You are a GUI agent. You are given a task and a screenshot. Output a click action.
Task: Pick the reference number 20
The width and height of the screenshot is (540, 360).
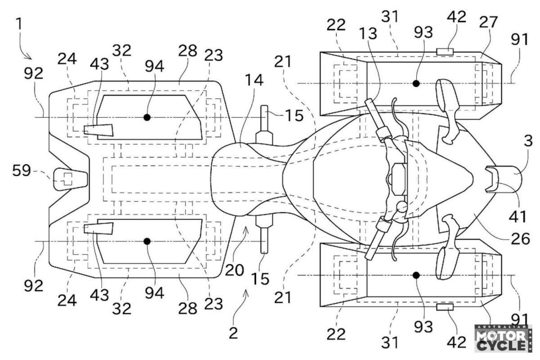tap(234, 270)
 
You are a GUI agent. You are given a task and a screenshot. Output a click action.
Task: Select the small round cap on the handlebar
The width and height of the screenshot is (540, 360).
tap(401, 207)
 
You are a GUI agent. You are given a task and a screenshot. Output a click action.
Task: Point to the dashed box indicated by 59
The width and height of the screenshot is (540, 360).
tap(66, 179)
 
